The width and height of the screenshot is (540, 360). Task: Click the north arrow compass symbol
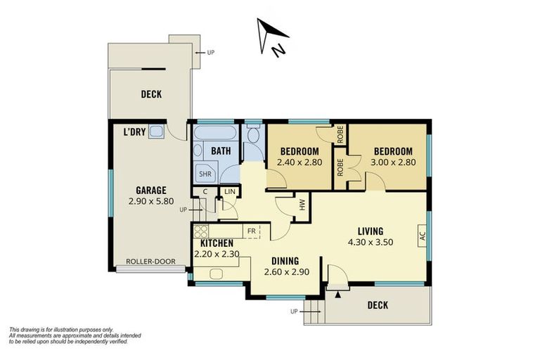(272, 37)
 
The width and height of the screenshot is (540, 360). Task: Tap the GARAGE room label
(151, 190)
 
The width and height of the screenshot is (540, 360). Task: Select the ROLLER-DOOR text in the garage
(151, 262)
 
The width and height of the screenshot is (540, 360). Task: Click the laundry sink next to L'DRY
(155, 132)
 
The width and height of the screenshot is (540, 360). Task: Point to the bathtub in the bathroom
(215, 133)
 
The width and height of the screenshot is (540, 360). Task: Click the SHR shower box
(205, 174)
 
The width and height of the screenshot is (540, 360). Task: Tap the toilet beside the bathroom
(253, 134)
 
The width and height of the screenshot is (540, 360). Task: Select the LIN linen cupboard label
(230, 191)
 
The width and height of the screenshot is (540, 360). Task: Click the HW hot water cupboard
(302, 206)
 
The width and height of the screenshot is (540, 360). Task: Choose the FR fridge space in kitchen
(252, 231)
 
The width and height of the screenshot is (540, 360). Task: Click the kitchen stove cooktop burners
(201, 231)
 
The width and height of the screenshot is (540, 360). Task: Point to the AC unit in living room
(422, 236)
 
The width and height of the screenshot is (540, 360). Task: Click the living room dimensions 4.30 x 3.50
(371, 242)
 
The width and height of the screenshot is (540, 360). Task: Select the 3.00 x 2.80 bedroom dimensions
(393, 162)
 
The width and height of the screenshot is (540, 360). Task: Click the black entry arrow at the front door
(338, 294)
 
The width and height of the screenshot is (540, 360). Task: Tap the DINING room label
(285, 261)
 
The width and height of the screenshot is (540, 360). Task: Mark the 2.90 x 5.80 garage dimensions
(151, 201)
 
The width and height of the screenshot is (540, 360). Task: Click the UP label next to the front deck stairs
(294, 311)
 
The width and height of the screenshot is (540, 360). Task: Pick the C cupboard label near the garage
(205, 191)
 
